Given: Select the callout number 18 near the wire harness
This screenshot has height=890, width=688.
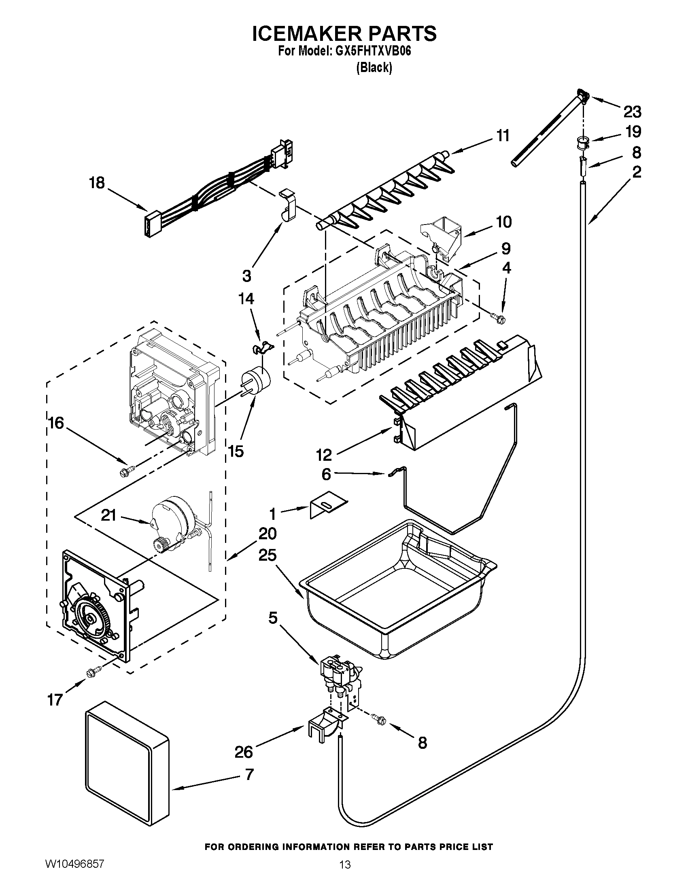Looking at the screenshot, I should [97, 183].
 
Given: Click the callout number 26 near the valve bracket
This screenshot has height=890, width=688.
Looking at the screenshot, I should [244, 751].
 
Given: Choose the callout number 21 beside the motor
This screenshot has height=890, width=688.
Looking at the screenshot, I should [108, 516].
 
